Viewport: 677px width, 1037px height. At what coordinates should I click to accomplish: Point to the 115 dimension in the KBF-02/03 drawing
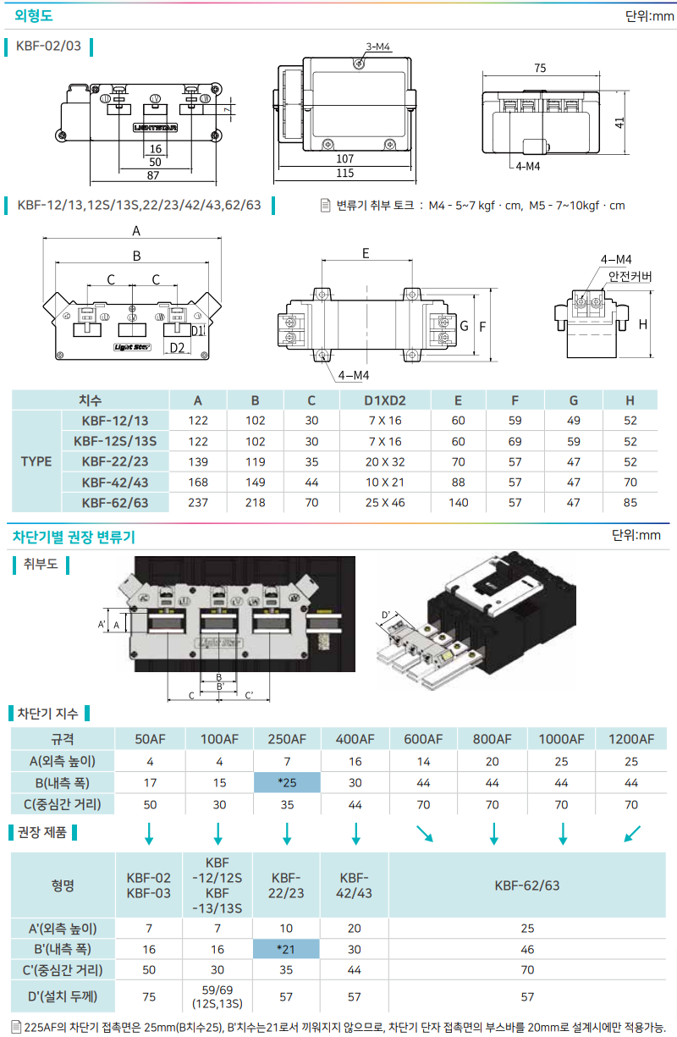point(344,174)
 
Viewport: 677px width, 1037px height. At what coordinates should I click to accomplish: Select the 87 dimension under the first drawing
point(155,174)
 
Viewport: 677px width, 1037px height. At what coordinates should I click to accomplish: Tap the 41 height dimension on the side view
point(620,121)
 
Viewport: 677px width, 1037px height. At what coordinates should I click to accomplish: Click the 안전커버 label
point(630,277)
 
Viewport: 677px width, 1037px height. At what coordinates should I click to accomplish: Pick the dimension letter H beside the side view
point(643,324)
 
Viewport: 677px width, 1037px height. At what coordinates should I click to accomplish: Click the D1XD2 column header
point(385,400)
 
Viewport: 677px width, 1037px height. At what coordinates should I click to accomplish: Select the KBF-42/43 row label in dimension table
point(115,482)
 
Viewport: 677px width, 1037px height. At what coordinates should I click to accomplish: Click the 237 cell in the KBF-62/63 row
point(198,503)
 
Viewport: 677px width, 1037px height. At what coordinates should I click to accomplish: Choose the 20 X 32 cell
point(385,461)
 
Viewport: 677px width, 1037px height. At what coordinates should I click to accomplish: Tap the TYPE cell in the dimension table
point(36,461)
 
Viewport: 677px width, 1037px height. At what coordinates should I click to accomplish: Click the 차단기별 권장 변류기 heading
point(73,537)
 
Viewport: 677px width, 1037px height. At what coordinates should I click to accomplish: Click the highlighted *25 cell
point(287,782)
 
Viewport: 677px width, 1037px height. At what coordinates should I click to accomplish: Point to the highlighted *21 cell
point(287,951)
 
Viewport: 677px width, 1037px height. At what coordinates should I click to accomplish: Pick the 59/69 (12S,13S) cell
point(217,997)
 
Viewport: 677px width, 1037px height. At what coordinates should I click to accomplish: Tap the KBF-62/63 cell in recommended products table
point(527,885)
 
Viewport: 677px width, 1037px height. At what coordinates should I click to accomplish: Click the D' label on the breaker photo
point(386,615)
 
